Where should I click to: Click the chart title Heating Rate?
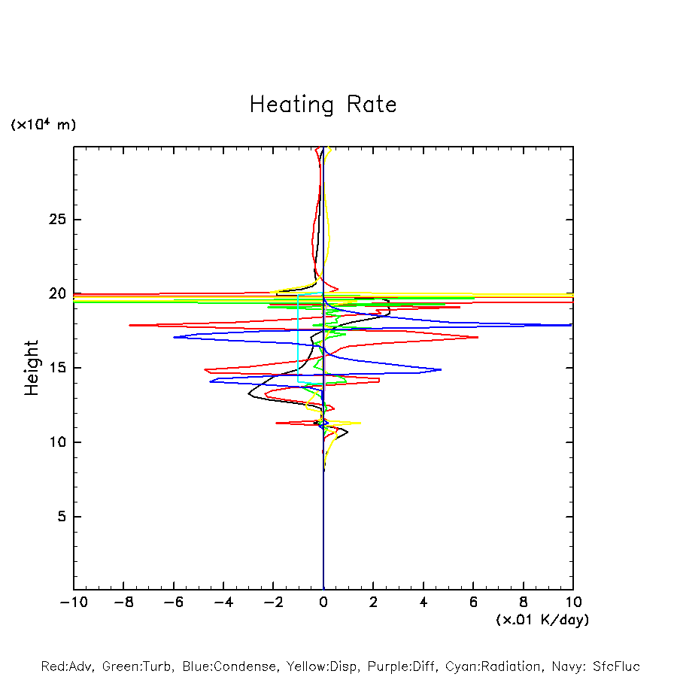tap(323, 105)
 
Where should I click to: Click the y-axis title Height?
tap(32, 368)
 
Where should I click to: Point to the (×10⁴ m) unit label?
tap(43, 125)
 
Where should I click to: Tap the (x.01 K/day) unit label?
tap(542, 620)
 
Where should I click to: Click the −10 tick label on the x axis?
tap(71, 603)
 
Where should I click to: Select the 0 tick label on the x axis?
tap(323, 603)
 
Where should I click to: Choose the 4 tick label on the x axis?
tap(423, 603)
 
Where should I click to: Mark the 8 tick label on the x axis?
tap(524, 603)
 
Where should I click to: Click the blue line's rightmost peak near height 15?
tap(441, 369)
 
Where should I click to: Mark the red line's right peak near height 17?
tap(478, 337)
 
